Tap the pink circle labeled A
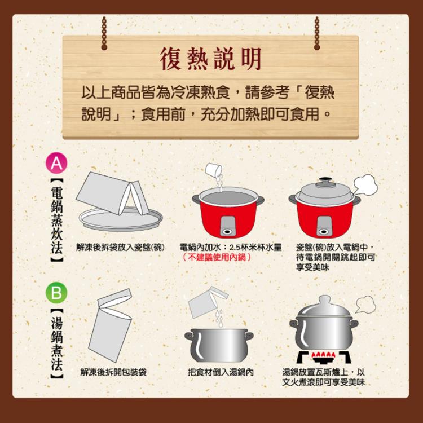(56, 163)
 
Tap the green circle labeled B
(56, 293)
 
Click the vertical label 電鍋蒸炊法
(56, 221)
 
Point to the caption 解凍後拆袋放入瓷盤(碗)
(120, 247)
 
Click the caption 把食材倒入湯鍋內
(221, 372)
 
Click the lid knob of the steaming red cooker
(325, 182)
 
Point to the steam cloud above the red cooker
(364, 184)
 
